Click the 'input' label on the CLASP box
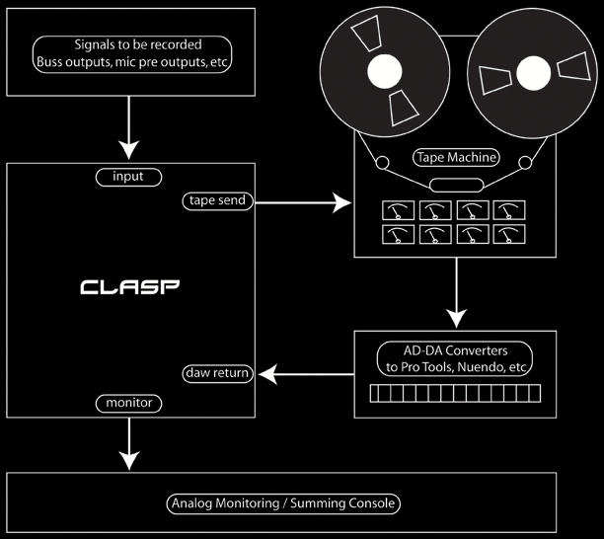(x=127, y=177)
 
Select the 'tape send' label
(x=215, y=200)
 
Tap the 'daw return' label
(x=217, y=373)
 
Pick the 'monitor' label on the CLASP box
(x=128, y=403)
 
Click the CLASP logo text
(x=130, y=288)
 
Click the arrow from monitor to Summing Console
(x=128, y=443)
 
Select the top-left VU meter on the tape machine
(x=397, y=211)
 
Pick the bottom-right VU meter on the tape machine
(x=510, y=234)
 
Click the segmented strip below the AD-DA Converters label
(x=455, y=394)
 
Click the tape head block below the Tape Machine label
(x=455, y=185)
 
